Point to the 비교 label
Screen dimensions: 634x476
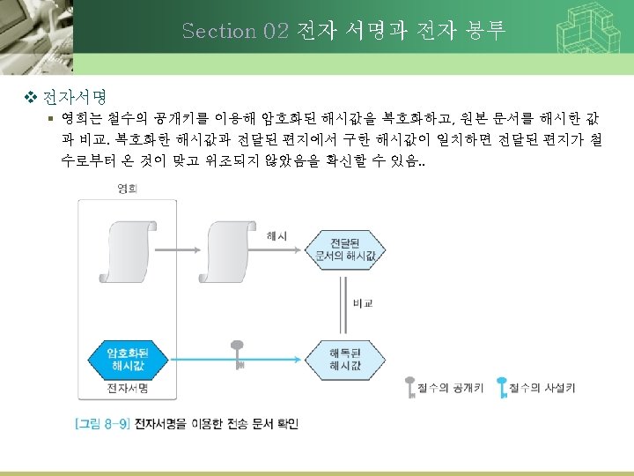pyautogui.click(x=363, y=302)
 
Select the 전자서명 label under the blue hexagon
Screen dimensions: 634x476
pyautogui.click(x=126, y=388)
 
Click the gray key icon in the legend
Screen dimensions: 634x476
pyautogui.click(x=409, y=387)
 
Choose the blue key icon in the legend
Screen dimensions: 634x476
pyautogui.click(x=502, y=387)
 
